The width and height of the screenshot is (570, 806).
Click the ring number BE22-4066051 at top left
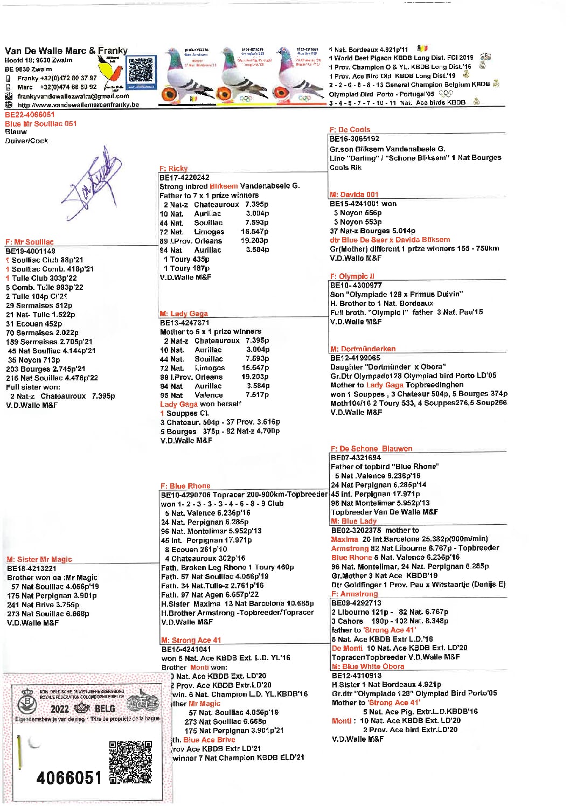[30, 115]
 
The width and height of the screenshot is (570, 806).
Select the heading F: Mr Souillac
[30, 242]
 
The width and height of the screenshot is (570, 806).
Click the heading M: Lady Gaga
[184, 314]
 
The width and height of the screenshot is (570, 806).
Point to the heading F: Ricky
[173, 168]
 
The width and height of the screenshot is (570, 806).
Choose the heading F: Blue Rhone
[185, 485]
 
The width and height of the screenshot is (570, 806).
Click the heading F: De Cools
[350, 129]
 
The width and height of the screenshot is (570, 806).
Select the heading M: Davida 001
[354, 194]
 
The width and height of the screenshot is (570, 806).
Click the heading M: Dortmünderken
[363, 349]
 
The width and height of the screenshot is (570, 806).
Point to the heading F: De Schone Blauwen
[371, 448]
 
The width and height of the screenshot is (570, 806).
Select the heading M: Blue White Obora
[367, 666]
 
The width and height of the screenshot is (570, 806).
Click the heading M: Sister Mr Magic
[39, 559]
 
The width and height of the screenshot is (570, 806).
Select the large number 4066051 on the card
[69, 778]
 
